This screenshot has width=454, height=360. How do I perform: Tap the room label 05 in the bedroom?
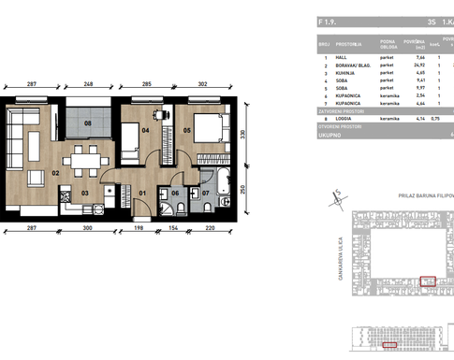(186, 131)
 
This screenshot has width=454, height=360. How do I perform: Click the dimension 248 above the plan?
(87, 84)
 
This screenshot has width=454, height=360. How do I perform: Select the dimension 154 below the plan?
(173, 227)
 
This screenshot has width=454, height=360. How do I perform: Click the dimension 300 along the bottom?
(87, 227)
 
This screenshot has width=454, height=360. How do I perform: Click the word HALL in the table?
(342, 58)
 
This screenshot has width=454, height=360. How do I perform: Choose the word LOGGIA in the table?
(345, 120)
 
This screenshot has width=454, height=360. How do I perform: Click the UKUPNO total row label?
(330, 134)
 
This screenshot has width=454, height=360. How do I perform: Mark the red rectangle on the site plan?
(428, 280)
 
